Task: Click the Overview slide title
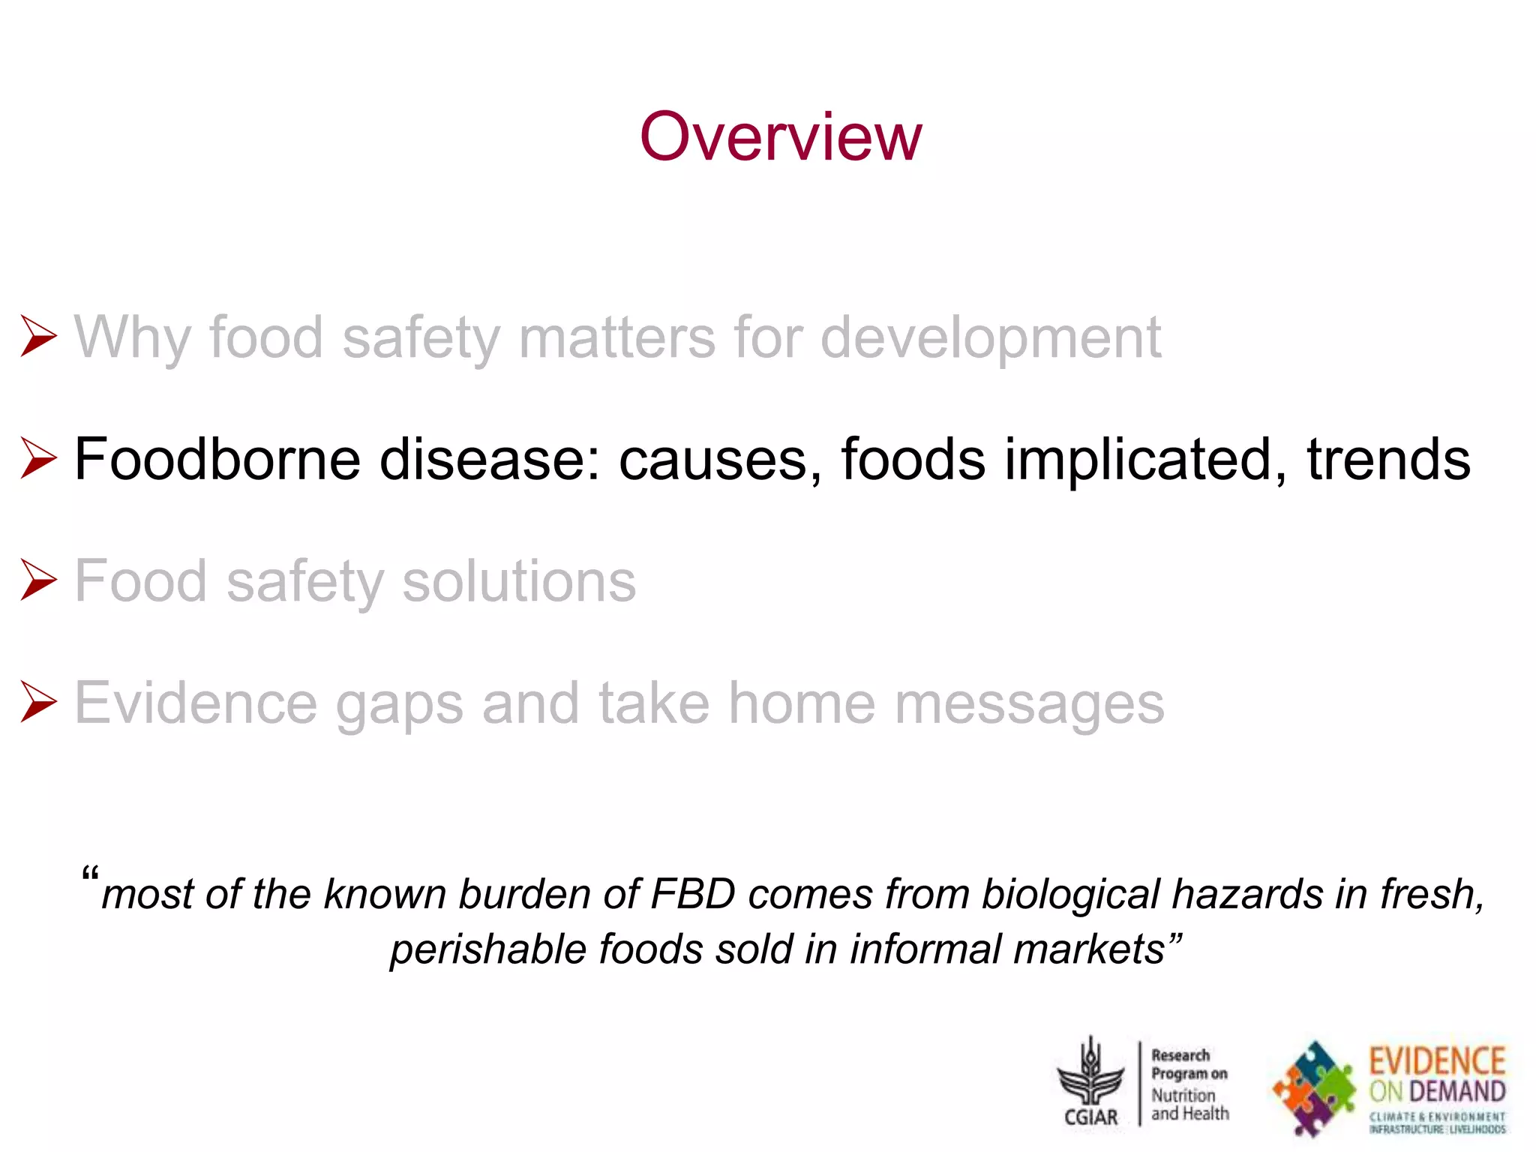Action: [780, 136]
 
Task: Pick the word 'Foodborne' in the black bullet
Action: [217, 459]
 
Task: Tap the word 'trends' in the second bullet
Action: [1388, 459]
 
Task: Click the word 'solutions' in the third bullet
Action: [519, 581]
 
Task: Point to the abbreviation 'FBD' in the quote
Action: [694, 894]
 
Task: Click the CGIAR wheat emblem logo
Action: [1091, 1080]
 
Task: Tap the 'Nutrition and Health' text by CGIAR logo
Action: [1189, 1105]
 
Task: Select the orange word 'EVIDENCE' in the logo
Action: [1437, 1061]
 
